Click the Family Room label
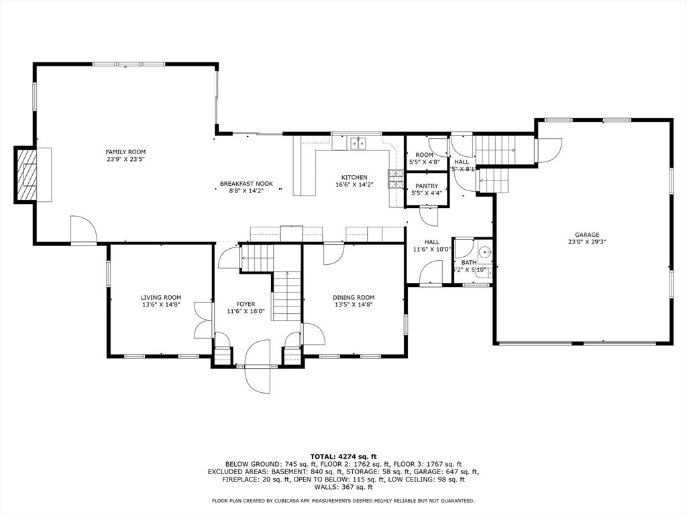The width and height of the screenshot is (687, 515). click(x=125, y=152)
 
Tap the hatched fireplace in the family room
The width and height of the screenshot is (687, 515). click(x=28, y=174)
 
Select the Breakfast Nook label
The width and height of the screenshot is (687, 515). click(x=246, y=183)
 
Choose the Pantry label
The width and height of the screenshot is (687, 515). click(x=427, y=186)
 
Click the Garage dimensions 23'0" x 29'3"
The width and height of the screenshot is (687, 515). click(x=586, y=242)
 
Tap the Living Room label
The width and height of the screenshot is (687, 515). click(x=161, y=297)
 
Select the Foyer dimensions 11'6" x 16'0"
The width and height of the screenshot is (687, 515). click(x=246, y=311)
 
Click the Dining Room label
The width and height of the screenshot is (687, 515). click(x=354, y=297)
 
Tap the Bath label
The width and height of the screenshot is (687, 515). click(x=468, y=262)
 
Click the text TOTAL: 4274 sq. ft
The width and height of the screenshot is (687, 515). click(x=343, y=456)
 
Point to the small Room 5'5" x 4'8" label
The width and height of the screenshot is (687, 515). click(x=424, y=154)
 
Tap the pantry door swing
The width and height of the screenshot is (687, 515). click(x=428, y=216)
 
